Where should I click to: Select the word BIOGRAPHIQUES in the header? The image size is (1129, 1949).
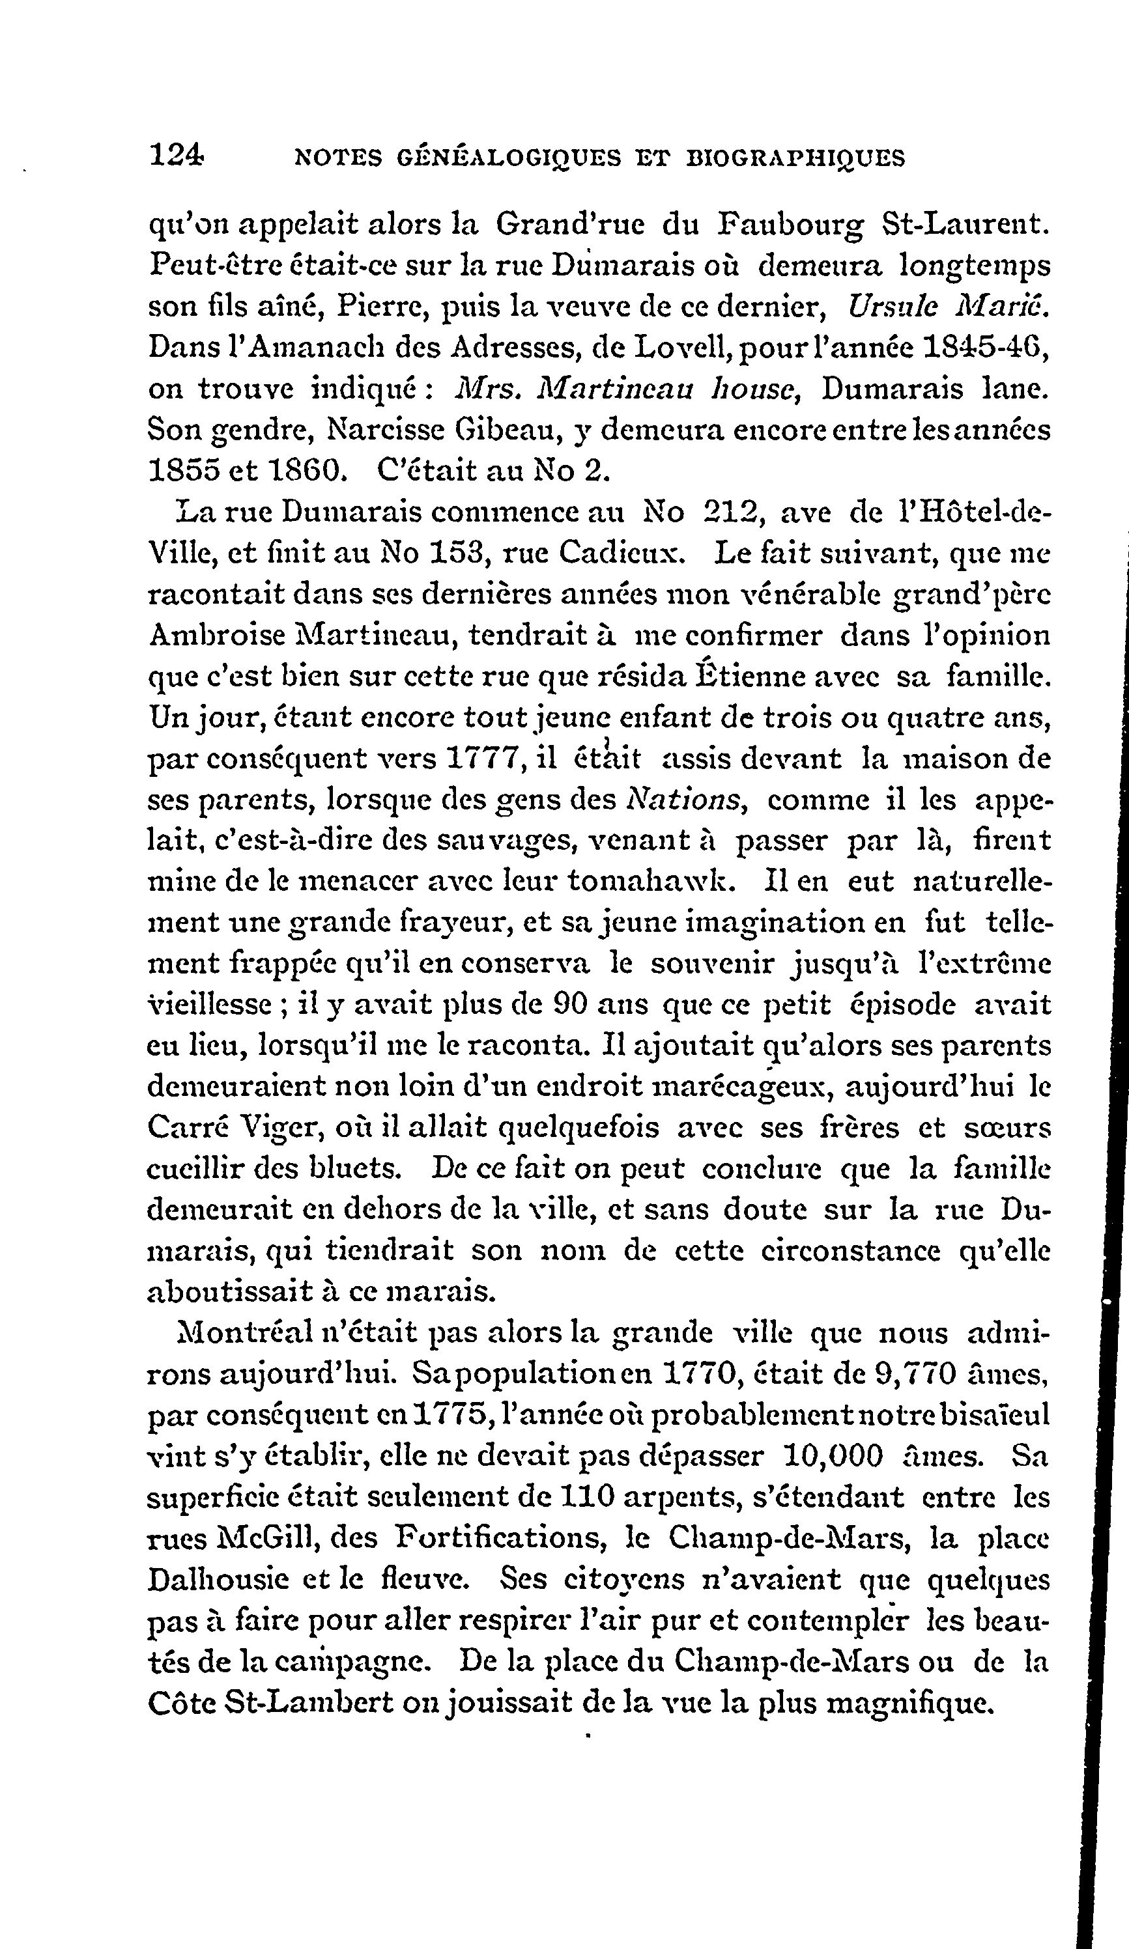tap(796, 158)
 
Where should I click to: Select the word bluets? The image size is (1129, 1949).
tap(355, 1167)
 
